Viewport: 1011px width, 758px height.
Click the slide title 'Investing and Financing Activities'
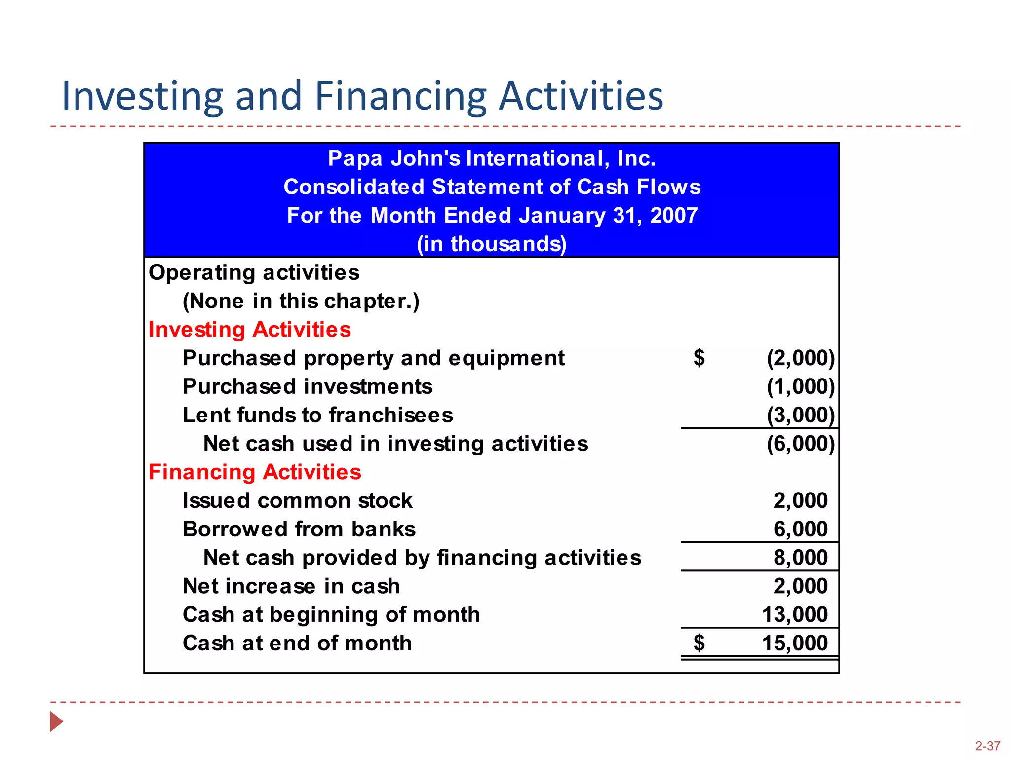click(362, 96)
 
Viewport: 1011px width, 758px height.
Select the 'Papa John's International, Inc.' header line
click(492, 158)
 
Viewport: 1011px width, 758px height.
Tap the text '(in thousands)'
click(492, 244)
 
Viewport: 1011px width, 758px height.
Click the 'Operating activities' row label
click(254, 272)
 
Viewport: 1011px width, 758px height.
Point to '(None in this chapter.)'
click(301, 301)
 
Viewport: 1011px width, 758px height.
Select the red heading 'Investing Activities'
click(249, 330)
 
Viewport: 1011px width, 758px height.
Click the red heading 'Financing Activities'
click(255, 472)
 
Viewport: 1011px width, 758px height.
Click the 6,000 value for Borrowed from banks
click(800, 529)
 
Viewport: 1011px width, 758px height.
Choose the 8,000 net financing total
click(800, 558)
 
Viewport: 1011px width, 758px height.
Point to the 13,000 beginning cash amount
click(795, 615)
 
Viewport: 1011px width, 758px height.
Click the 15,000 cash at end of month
click(795, 643)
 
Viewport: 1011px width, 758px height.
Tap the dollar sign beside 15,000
click(699, 643)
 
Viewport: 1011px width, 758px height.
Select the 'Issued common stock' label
click(297, 501)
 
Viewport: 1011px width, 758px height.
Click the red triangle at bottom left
click(56, 721)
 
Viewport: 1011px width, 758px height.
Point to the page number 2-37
click(987, 746)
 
